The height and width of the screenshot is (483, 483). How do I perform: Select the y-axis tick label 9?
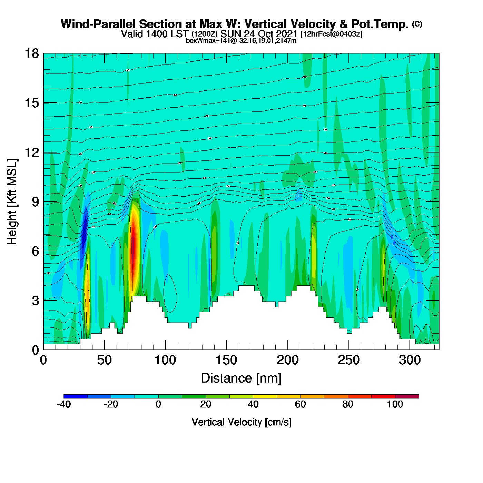click(35, 202)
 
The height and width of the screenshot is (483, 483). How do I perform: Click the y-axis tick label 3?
click(35, 300)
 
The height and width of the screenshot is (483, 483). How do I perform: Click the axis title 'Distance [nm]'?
click(241, 378)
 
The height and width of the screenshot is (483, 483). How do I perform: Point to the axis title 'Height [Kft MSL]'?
click(12, 202)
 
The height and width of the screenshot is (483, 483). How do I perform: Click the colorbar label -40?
click(63, 404)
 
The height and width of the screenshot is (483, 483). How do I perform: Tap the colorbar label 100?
click(395, 404)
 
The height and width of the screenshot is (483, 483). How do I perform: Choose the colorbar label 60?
click(300, 404)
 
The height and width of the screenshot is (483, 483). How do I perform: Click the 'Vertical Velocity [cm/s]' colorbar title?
click(241, 422)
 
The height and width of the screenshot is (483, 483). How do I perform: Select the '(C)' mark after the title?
click(417, 24)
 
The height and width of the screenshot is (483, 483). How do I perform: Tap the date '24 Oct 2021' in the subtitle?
click(270, 34)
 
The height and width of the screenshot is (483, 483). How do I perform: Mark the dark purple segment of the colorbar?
click(407, 396)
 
